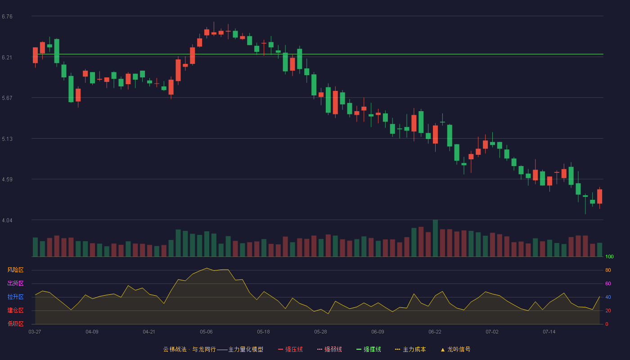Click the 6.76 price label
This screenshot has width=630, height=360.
click(7, 17)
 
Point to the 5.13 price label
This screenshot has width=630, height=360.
click(7, 139)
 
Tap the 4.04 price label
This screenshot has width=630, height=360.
click(7, 220)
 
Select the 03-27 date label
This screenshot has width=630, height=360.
click(35, 332)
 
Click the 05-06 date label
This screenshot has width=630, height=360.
click(206, 332)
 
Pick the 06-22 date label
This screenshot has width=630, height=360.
click(435, 332)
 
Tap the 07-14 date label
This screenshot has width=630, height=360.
click(549, 332)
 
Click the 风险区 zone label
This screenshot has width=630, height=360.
click(15, 270)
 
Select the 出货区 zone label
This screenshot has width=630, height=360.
click(15, 283)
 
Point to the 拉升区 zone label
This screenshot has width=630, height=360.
click(15, 297)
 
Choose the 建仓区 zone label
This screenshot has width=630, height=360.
click(15, 310)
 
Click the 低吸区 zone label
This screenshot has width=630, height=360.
click(15, 324)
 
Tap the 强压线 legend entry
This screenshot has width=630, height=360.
click(290, 350)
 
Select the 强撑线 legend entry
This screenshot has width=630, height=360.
click(369, 350)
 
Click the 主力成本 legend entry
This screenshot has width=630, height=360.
click(410, 350)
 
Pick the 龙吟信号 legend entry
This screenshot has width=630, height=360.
click(455, 350)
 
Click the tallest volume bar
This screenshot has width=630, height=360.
click(436, 238)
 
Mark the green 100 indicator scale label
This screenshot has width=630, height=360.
click(609, 256)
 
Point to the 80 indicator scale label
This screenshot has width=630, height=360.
click(608, 270)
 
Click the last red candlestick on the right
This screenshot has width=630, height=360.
click(599, 197)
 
